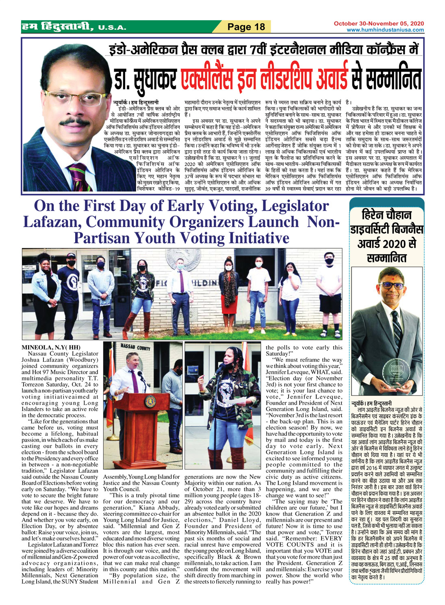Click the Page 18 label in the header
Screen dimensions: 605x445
click(x=246, y=27)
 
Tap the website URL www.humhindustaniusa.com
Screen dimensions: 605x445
click(x=385, y=30)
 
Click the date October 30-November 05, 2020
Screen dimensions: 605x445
click(x=379, y=24)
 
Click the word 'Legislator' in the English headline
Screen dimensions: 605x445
click(x=295, y=206)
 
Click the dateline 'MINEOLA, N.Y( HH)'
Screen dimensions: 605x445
click(x=51, y=347)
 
